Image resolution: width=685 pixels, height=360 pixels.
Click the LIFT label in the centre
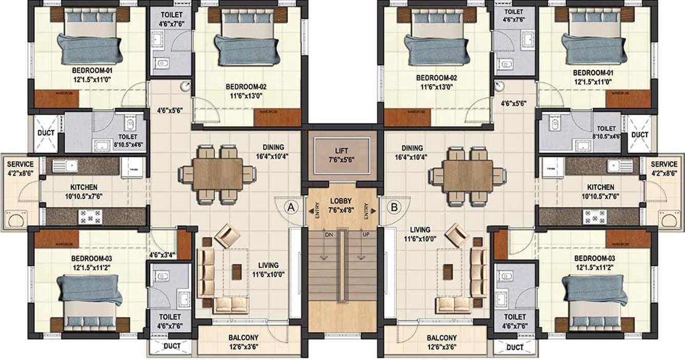[x=341, y=151]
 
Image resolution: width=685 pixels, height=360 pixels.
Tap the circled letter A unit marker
[x=291, y=207]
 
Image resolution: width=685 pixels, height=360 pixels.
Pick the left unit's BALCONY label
[x=244, y=338]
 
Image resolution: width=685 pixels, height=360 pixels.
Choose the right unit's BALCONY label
[x=441, y=338]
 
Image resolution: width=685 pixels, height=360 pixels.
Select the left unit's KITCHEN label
[x=84, y=187]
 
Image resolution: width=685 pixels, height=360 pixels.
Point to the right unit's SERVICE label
[x=664, y=164]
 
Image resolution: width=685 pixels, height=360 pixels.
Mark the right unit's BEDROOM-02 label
[x=436, y=78]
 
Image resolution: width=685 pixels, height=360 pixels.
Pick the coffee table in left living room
[x=236, y=272]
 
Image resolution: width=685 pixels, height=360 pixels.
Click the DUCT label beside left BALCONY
[x=172, y=346]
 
